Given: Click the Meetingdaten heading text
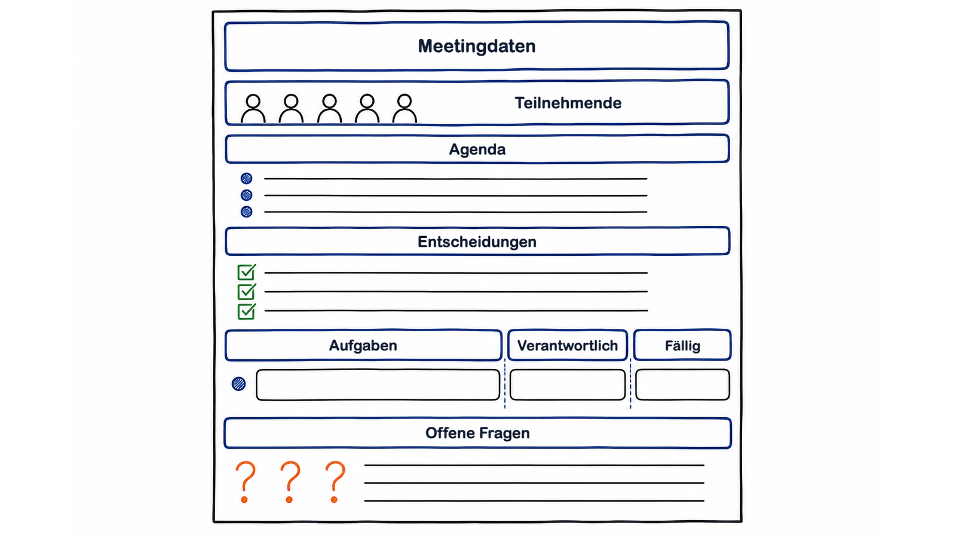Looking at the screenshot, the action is (477, 46).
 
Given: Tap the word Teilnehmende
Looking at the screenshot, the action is (568, 103).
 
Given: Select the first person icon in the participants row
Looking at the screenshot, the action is (253, 109).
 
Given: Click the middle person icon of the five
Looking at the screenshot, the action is (329, 109).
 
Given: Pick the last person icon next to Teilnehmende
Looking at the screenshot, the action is (405, 109).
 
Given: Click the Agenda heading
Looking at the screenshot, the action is (477, 149).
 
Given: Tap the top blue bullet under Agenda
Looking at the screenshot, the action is (246, 178).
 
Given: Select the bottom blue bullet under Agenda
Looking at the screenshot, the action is (246, 212).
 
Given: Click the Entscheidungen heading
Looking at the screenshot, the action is (477, 242).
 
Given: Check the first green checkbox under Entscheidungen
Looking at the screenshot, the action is (246, 272).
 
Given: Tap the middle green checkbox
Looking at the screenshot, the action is (246, 292).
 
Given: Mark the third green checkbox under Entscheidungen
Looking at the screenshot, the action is (246, 311).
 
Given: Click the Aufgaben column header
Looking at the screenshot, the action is (363, 346).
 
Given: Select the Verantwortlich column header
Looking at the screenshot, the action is (568, 346).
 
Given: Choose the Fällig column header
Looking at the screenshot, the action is (682, 346).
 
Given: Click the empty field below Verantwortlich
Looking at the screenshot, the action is (568, 385).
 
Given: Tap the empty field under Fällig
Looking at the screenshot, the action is (682, 385).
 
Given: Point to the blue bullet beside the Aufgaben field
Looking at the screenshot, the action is (238, 384).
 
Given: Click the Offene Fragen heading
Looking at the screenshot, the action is (477, 433).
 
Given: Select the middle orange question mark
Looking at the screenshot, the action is (290, 482).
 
